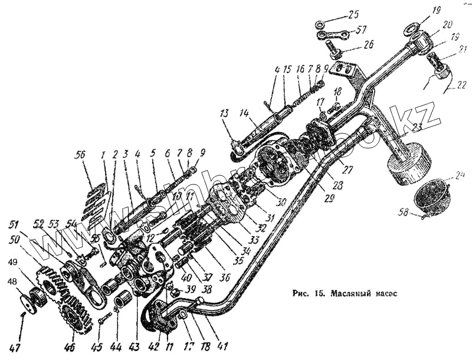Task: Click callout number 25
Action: (x=353, y=14)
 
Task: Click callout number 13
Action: (x=224, y=113)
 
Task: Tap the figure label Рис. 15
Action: (x=307, y=293)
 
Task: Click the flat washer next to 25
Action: (x=321, y=25)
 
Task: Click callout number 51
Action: (x=14, y=225)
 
